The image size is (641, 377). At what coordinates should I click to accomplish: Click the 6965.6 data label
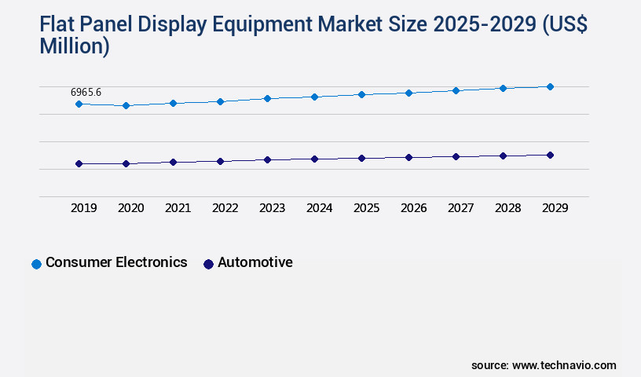(x=86, y=92)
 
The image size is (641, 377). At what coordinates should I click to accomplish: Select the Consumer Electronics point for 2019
(x=79, y=104)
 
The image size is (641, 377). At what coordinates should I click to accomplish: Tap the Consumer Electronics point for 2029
(x=550, y=86)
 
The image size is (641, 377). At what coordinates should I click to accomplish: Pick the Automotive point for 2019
(x=79, y=163)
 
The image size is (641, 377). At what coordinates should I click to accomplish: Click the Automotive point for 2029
(x=550, y=155)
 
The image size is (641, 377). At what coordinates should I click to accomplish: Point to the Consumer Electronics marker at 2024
(x=314, y=97)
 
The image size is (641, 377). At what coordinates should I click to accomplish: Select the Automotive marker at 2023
(x=267, y=159)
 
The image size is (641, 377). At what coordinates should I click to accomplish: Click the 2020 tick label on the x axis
(x=130, y=208)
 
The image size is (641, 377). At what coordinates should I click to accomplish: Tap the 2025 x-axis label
(x=366, y=208)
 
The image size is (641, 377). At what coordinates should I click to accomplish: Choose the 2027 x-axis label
(x=460, y=208)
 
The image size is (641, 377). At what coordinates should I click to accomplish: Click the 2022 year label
(x=225, y=208)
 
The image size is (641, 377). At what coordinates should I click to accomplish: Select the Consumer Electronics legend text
(x=116, y=262)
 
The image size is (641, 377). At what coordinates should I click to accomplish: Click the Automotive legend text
(x=255, y=262)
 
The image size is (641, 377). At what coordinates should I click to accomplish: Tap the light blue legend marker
(x=36, y=264)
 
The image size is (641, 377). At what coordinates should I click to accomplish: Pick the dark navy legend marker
(x=208, y=264)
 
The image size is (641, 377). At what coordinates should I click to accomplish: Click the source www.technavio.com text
(x=544, y=365)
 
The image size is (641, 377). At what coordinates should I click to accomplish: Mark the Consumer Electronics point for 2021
(x=173, y=103)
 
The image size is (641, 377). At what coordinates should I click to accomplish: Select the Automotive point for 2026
(x=408, y=157)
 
